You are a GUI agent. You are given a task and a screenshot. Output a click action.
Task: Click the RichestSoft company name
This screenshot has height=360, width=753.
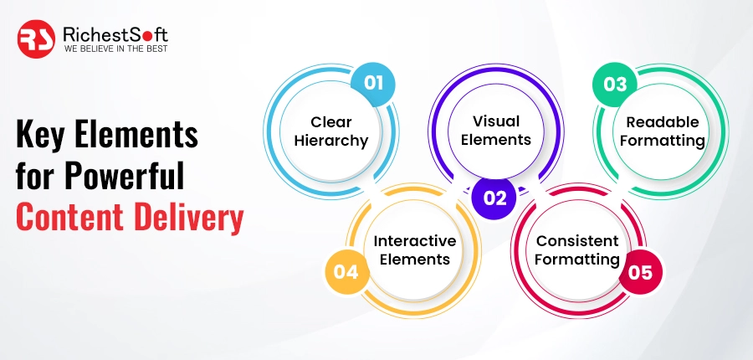pyautogui.click(x=115, y=34)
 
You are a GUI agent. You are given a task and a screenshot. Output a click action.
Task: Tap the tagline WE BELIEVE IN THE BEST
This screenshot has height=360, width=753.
pyautogui.click(x=115, y=49)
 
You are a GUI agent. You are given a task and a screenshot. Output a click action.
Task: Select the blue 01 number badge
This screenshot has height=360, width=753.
pyautogui.click(x=372, y=83)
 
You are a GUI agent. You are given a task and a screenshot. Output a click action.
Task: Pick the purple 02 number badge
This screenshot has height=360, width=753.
pyautogui.click(x=494, y=198)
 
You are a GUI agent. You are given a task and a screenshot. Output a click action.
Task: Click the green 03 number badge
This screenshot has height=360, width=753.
pyautogui.click(x=615, y=84)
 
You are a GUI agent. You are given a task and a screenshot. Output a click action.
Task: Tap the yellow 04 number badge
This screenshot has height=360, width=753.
pyautogui.click(x=346, y=272)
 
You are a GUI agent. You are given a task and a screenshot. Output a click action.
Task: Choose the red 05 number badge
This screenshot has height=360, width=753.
pyautogui.click(x=640, y=272)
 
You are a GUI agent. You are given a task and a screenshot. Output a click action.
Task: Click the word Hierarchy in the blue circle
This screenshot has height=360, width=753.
pyautogui.click(x=331, y=141)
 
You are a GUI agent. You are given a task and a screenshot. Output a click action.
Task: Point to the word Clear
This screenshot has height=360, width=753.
pyautogui.click(x=331, y=122)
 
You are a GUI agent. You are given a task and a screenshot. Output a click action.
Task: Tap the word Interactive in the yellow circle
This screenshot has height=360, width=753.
pyautogui.click(x=415, y=241)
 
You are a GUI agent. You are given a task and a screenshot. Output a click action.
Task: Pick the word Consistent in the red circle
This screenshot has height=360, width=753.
pyautogui.click(x=577, y=241)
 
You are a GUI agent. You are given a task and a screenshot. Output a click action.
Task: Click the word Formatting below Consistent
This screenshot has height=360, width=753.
pyautogui.click(x=577, y=260)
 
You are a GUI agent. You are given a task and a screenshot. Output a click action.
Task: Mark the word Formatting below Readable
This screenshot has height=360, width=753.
pyautogui.click(x=662, y=141)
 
